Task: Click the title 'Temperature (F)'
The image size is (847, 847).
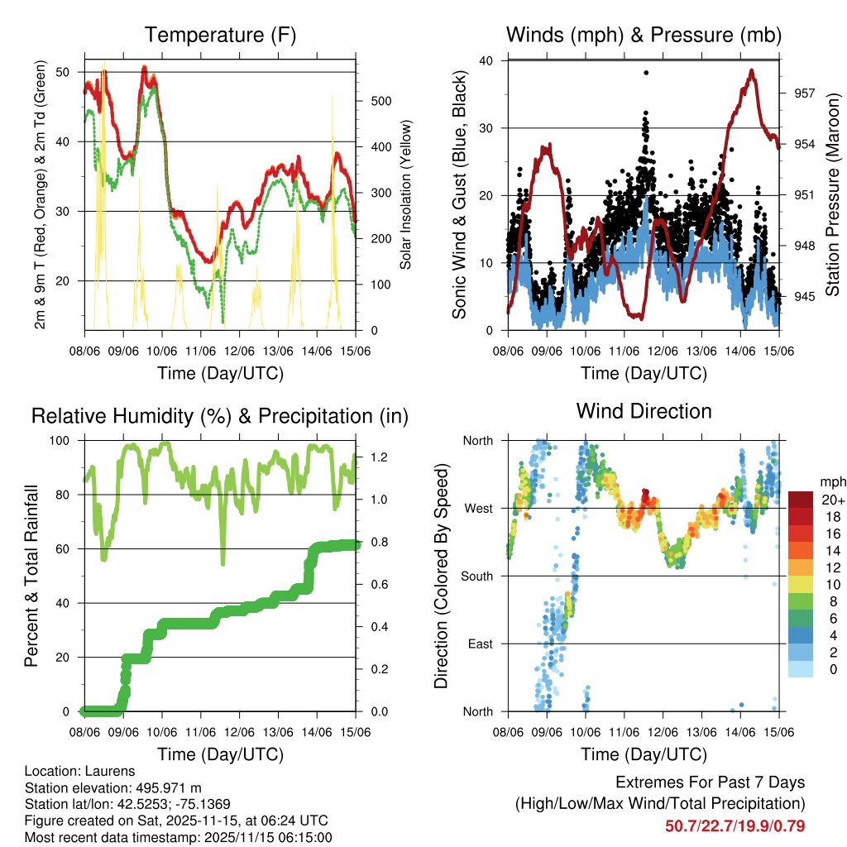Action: [220, 35]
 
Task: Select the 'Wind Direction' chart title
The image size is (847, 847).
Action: [644, 410]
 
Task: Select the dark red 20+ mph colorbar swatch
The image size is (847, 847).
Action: [800, 499]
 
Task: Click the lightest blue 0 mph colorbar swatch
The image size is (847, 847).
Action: [800, 669]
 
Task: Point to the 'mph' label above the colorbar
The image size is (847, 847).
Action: [832, 481]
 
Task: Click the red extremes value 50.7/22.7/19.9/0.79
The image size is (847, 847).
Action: [735, 825]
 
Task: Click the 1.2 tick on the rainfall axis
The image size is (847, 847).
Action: [376, 457]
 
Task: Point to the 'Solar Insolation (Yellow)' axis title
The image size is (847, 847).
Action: [406, 195]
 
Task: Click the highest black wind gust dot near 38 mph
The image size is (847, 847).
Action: [646, 73]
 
